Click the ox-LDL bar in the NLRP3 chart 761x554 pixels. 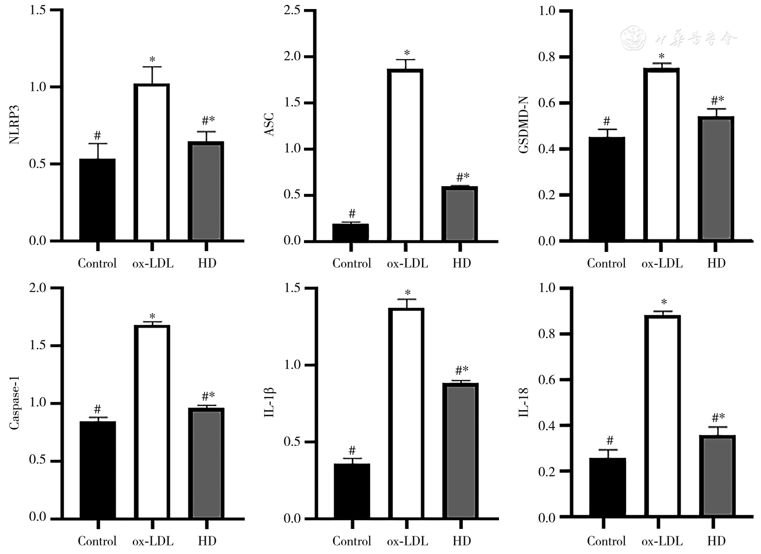152,162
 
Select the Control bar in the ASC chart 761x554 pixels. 350,232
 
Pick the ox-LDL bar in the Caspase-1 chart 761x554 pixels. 152,421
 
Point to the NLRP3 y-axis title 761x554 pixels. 15,125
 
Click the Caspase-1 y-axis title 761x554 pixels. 15,403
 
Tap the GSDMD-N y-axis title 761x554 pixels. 524,125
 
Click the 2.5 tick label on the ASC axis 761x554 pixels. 292,10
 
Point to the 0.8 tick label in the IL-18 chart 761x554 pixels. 547,334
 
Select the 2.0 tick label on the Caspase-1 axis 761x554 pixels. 38,288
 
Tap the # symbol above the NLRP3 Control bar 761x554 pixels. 97,135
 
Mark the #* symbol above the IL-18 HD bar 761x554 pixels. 718,418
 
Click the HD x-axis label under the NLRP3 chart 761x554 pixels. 207,263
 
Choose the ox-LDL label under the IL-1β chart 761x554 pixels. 407,541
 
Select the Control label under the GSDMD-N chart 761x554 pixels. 606,263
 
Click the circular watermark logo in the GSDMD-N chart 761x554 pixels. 633,38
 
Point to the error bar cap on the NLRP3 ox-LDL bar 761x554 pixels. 152,67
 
